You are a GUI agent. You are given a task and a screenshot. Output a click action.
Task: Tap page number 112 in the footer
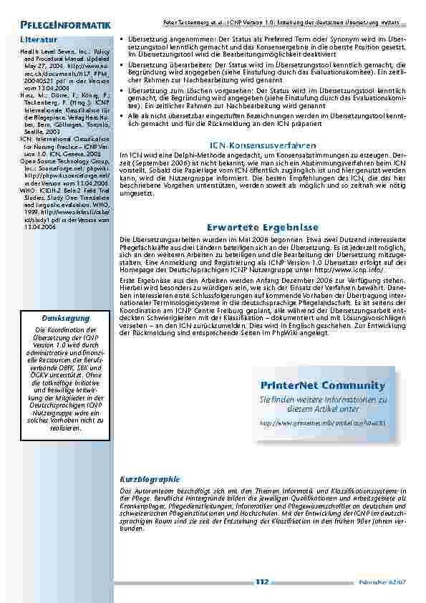[x=261, y=582]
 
